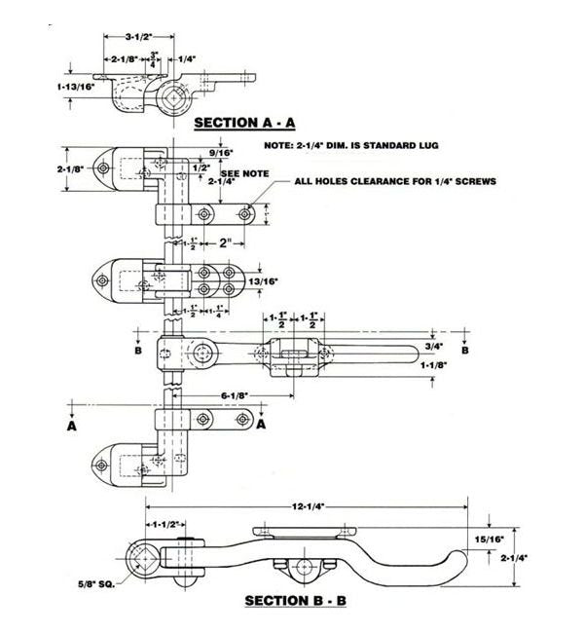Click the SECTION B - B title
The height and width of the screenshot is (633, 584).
295,600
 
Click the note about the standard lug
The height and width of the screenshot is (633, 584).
351,145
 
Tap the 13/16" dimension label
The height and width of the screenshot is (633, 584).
264,280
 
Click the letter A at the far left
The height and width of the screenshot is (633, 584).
72,426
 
